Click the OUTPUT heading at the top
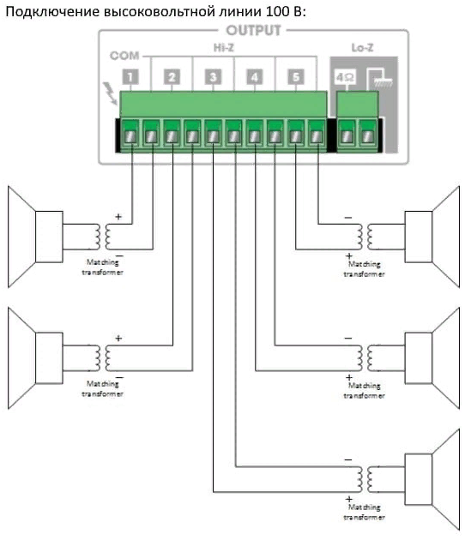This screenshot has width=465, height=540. (x=253, y=31)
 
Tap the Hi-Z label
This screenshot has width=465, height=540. (x=224, y=47)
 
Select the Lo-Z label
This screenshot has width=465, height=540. (x=362, y=47)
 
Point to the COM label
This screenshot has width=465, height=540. (x=124, y=56)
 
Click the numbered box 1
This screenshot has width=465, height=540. (x=130, y=77)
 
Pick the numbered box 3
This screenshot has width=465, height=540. (x=213, y=77)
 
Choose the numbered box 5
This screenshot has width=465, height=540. (x=296, y=77)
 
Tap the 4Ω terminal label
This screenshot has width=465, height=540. (x=345, y=77)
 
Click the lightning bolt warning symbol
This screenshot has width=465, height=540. (x=111, y=93)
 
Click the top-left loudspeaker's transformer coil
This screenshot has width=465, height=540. (x=104, y=237)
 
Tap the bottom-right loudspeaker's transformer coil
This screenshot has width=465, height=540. (x=365, y=479)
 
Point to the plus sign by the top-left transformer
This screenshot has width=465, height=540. (x=118, y=217)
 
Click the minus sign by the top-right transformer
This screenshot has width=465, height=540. (x=348, y=218)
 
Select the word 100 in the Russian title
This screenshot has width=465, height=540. (x=277, y=11)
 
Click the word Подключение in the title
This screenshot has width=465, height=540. (x=51, y=12)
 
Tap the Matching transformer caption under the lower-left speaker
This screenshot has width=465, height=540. (x=102, y=388)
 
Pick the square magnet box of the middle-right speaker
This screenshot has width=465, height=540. (x=419, y=358)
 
